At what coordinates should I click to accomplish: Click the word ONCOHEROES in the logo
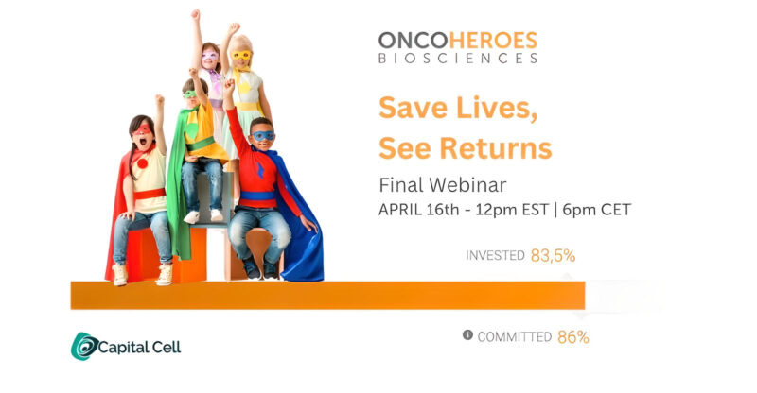click(x=457, y=40)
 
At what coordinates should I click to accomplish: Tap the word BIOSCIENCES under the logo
click(x=457, y=59)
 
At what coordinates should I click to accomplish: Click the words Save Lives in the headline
click(x=458, y=107)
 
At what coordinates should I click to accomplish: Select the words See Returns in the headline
click(x=465, y=147)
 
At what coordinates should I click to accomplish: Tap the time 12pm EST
click(x=519, y=210)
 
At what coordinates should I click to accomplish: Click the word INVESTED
click(x=495, y=255)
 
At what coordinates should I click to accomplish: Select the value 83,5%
click(x=553, y=255)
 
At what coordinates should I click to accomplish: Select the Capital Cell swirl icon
click(x=84, y=347)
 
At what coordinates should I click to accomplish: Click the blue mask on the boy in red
click(x=264, y=136)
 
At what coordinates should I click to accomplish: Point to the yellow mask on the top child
click(x=242, y=55)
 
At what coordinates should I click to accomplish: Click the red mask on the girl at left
click(x=143, y=128)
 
